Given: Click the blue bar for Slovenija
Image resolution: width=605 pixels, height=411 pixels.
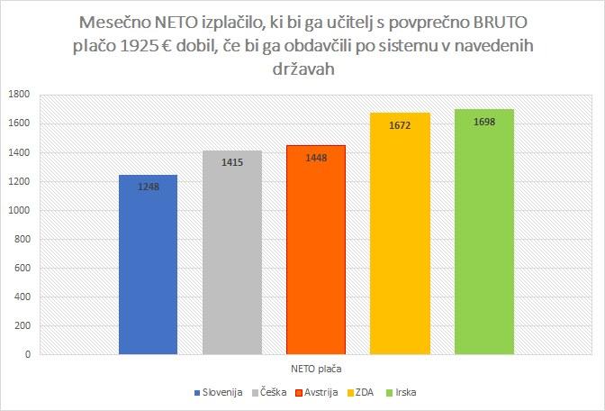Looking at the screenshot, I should coord(148,270).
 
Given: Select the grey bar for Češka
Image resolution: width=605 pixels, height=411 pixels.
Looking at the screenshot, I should coord(231,261).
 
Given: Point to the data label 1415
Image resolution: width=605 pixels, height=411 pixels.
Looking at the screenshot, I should coord(231,162).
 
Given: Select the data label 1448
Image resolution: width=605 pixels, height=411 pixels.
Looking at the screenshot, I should coord(315,158).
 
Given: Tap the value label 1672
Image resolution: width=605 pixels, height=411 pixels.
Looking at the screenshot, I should coord(400,125).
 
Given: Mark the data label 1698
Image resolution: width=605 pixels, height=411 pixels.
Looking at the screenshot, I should coord(483,122).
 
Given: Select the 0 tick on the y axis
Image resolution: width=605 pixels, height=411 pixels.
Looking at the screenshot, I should coord(27,354).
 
